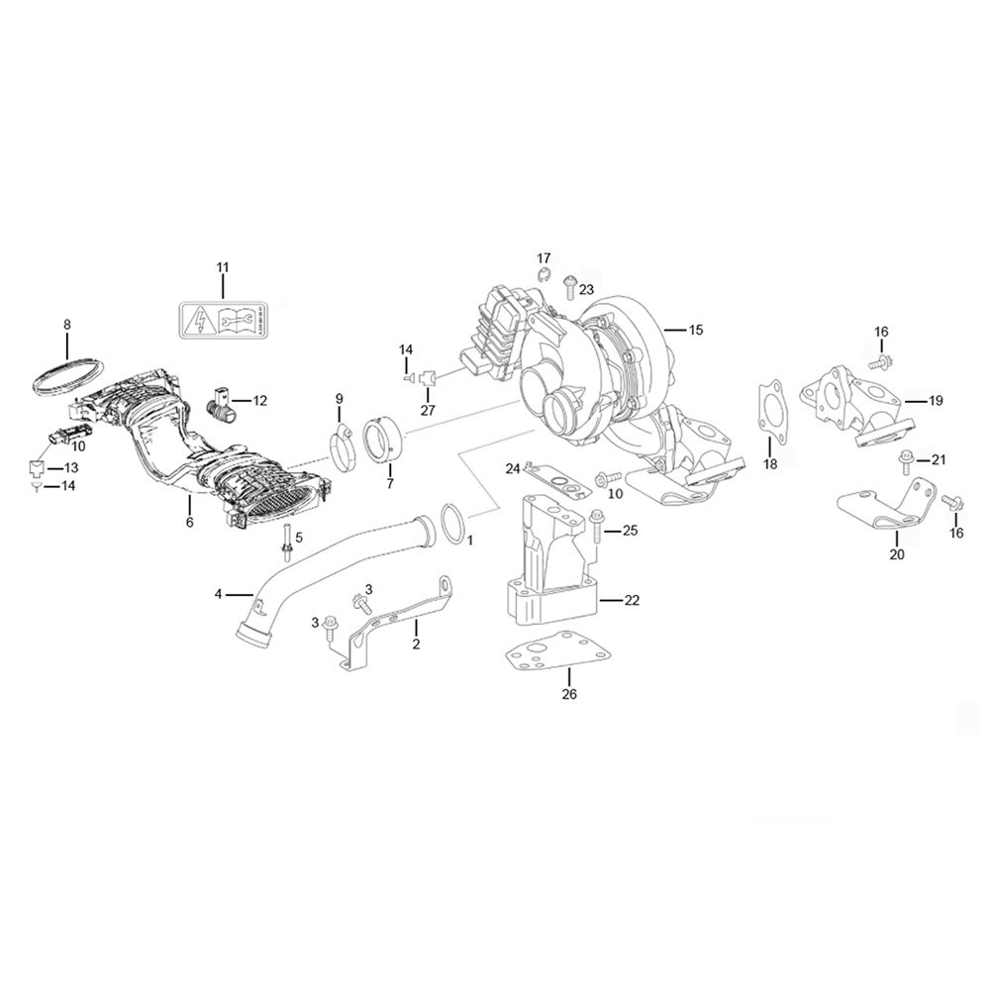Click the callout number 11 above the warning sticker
222,267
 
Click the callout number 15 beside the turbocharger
695,330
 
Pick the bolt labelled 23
569,286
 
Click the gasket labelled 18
770,414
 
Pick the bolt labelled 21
906,459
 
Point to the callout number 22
632,600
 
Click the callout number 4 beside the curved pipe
219,594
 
